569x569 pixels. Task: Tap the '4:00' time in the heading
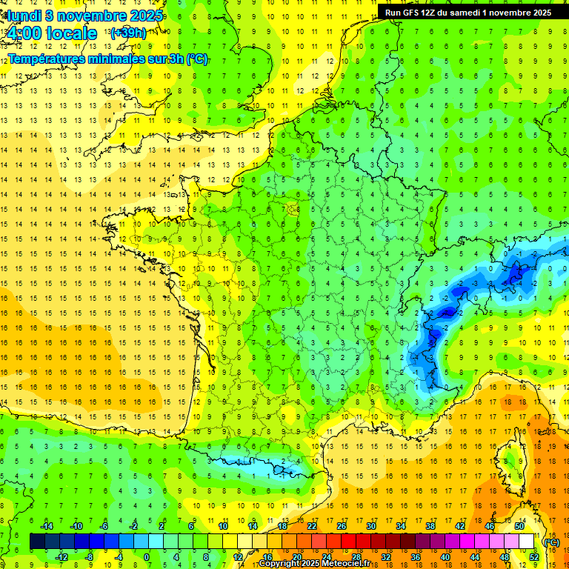24,33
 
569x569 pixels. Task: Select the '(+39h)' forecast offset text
128,33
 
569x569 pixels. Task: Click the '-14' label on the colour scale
46,526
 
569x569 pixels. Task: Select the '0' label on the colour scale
147,557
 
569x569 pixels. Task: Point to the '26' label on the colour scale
342,526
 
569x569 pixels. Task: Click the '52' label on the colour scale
534,557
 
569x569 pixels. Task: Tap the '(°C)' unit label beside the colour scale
552,542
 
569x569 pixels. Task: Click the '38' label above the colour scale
430,526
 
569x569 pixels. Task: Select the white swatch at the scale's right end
527,542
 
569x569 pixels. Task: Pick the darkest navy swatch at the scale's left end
37,542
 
